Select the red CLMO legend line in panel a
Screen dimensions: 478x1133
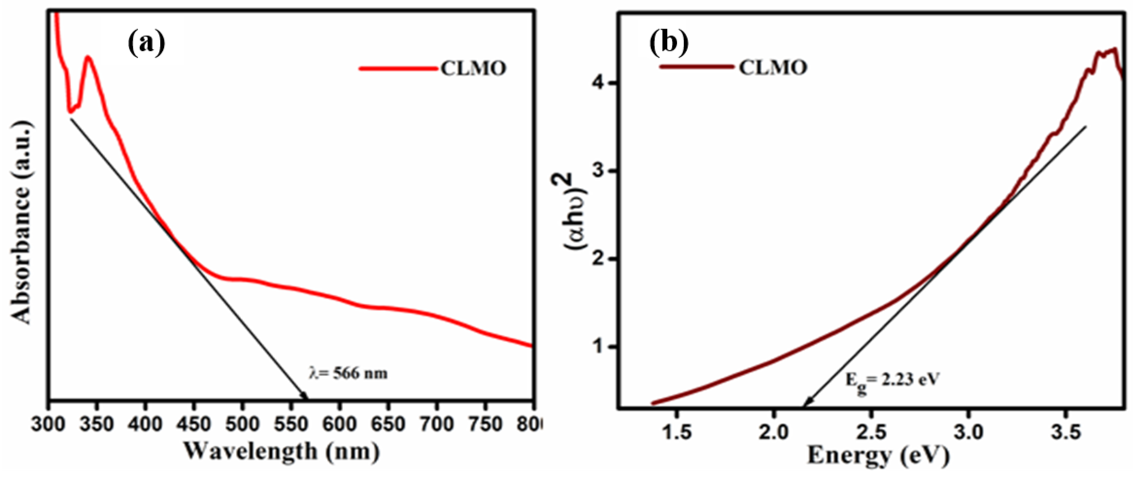coord(398,68)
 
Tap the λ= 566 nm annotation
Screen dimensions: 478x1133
coord(348,374)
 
